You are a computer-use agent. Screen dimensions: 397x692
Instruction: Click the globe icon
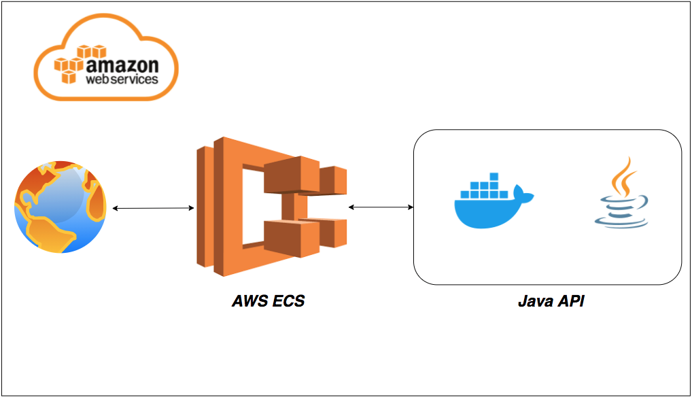pos(60,207)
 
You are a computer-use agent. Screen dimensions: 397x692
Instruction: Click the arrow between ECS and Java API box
pos(381,205)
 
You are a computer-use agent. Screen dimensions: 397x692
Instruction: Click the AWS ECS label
pos(267,300)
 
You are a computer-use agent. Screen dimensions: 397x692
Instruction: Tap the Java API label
pos(551,301)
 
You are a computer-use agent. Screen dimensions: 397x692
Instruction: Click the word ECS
pos(288,300)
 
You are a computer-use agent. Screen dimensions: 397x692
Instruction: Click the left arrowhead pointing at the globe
pos(115,208)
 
